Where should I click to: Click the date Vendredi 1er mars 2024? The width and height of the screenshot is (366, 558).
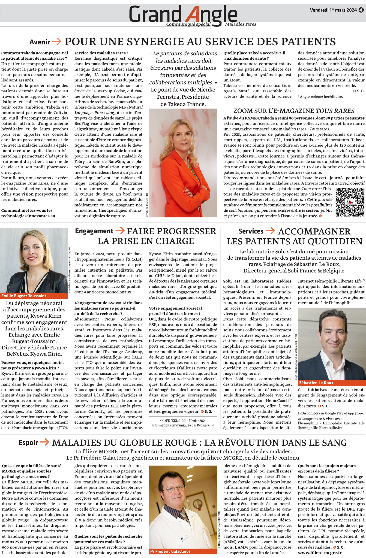[333, 10]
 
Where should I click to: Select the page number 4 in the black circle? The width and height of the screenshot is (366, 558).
[361, 10]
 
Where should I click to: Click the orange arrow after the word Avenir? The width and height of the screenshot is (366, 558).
[57, 42]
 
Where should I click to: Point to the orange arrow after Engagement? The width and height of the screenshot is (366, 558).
[120, 231]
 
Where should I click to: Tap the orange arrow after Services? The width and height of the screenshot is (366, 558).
[270, 231]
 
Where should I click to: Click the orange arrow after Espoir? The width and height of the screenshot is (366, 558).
[44, 442]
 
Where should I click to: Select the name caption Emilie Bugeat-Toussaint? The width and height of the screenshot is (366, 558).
[24, 296]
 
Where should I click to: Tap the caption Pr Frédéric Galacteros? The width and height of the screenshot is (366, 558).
[170, 551]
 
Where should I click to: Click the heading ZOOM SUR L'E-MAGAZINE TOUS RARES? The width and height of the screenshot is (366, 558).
[294, 111]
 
